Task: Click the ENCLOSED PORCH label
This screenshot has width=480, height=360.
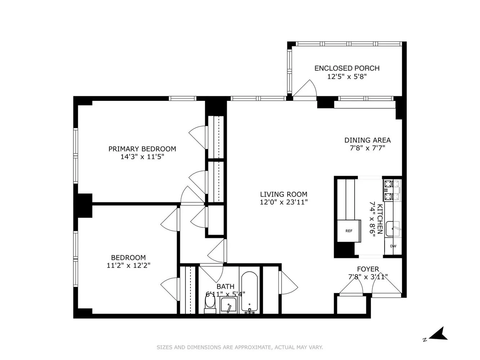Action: tap(347, 68)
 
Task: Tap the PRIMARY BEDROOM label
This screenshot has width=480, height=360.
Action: tap(142, 149)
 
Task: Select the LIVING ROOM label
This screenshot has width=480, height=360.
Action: tap(283, 194)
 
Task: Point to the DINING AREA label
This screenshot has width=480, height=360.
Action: tap(367, 140)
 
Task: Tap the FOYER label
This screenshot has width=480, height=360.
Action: tap(368, 269)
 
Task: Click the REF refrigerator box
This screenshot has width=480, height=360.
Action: tap(349, 231)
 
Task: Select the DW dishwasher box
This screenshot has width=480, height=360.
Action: tap(393, 246)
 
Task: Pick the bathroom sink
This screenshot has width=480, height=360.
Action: tap(228, 306)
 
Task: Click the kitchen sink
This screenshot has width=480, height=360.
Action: tap(393, 229)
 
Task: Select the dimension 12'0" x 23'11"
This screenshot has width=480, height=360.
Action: tap(283, 202)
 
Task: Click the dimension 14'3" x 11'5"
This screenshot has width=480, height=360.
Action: tap(142, 157)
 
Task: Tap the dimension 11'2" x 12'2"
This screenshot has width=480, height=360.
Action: tap(128, 265)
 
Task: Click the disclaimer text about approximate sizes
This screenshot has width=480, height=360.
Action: tap(240, 347)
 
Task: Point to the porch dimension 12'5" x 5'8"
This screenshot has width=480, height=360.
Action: tap(347, 76)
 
